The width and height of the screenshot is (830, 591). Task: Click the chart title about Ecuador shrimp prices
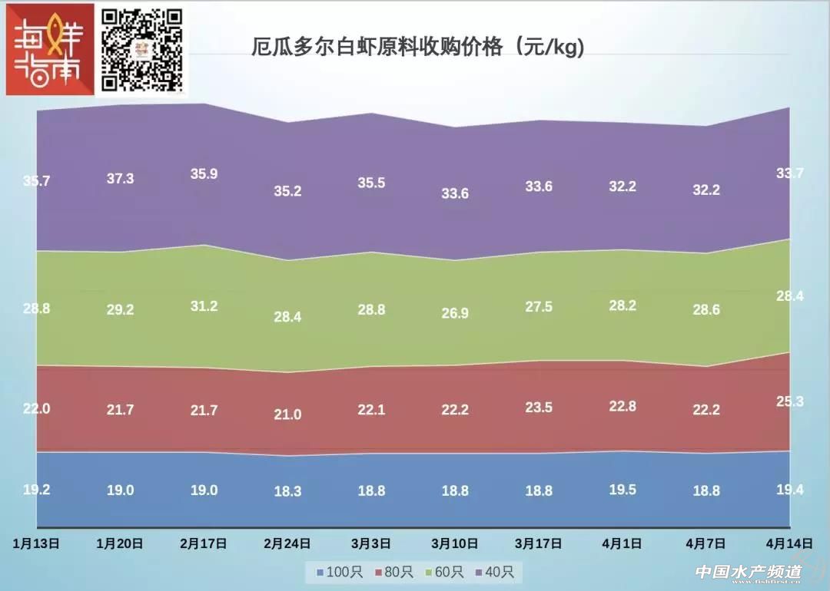point(419,48)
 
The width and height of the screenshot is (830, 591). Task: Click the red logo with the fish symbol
point(48,48)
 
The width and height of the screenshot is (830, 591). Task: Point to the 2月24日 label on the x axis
point(287,543)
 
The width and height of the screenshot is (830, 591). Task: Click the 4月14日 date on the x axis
point(790,543)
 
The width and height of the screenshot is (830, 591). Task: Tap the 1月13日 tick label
point(37,543)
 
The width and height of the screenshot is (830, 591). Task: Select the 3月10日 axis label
point(455,543)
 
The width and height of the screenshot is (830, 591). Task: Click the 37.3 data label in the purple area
point(120,178)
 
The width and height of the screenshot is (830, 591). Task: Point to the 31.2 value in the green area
point(204,306)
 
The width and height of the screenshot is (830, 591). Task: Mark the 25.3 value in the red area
point(790,401)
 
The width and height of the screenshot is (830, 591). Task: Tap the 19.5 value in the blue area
point(622,490)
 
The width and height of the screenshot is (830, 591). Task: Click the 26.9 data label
point(455,313)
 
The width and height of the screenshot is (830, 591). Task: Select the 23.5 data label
point(539,408)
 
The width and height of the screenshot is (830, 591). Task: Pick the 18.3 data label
point(287,492)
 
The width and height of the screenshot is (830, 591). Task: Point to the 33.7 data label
point(790,173)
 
